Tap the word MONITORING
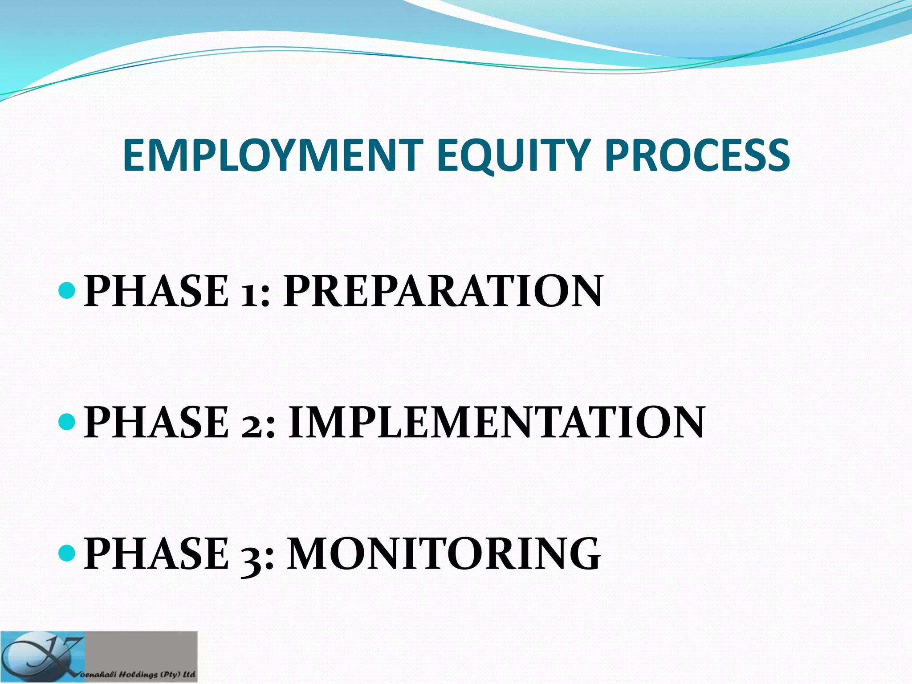point(444,553)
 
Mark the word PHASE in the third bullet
point(156,553)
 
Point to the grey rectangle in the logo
point(142,650)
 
